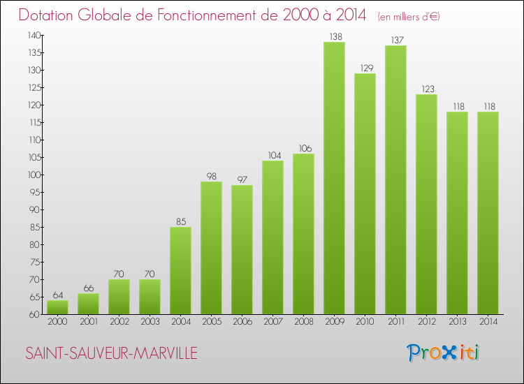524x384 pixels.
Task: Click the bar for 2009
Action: pyautogui.click(x=334, y=178)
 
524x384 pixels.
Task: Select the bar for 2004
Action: pyautogui.click(x=180, y=270)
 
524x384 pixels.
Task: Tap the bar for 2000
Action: pyautogui.click(x=57, y=307)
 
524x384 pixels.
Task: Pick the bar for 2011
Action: pyautogui.click(x=395, y=179)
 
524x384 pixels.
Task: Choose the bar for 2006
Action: pyautogui.click(x=242, y=249)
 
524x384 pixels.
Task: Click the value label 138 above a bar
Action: pyautogui.click(x=334, y=36)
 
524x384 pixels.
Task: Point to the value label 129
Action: pyautogui.click(x=365, y=68)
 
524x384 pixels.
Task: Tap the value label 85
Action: pyautogui.click(x=180, y=221)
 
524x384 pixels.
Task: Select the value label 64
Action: pyautogui.click(x=57, y=295)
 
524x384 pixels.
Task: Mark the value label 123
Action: pyautogui.click(x=426, y=89)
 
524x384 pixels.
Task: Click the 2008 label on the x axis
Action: pyautogui.click(x=303, y=323)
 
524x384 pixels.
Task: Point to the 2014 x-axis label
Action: pyautogui.click(x=488, y=323)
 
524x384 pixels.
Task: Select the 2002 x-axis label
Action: pyautogui.click(x=119, y=323)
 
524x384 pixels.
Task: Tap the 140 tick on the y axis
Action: pyautogui.click(x=33, y=35)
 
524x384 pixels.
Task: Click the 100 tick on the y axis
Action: pyautogui.click(x=33, y=175)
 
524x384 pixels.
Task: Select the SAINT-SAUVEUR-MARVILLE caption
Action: pyautogui.click(x=111, y=354)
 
